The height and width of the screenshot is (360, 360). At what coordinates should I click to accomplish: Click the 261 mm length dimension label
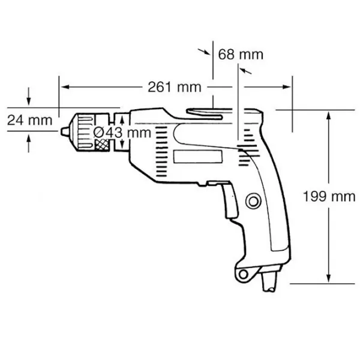click(175, 87)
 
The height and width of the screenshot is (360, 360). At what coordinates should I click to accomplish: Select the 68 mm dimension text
click(241, 55)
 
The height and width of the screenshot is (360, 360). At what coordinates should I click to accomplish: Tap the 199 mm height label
click(329, 197)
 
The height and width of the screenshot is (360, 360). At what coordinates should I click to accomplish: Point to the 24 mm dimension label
click(29, 120)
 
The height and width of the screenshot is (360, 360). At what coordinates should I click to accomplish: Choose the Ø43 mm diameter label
click(122, 133)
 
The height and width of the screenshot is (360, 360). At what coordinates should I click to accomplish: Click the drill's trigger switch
click(230, 200)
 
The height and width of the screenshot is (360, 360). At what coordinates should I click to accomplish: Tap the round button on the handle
click(253, 202)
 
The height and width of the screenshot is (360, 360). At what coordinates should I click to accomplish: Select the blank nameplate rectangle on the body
click(197, 157)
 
